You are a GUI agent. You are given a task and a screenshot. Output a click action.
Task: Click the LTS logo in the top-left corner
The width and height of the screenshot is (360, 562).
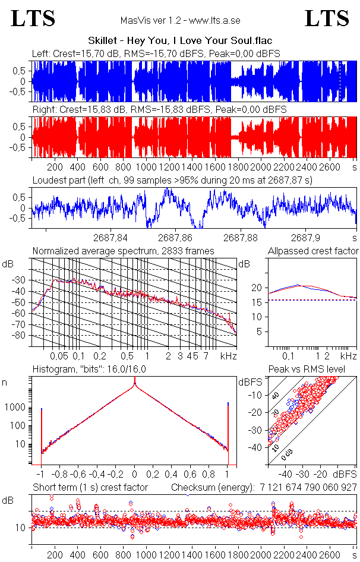point(33,18)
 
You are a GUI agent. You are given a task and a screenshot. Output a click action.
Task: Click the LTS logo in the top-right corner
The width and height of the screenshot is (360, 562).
point(327,18)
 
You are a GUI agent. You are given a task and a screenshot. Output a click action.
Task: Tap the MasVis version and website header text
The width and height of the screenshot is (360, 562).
point(180,20)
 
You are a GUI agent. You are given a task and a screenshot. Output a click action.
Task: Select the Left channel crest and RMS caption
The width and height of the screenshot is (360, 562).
point(156,54)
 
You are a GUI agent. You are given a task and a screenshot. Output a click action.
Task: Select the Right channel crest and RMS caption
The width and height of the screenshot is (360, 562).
point(159,110)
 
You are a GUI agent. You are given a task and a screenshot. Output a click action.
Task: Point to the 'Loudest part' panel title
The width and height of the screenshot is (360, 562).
point(172,179)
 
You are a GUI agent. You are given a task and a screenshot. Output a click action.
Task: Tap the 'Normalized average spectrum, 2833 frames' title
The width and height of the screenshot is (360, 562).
point(123,251)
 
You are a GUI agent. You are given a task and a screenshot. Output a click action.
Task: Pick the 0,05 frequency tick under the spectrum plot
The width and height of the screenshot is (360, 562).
point(59,356)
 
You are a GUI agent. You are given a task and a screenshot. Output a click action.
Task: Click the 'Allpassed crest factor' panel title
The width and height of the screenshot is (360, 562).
point(313,251)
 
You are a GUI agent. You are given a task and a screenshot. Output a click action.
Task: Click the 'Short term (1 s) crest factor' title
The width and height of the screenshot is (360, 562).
point(90,488)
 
